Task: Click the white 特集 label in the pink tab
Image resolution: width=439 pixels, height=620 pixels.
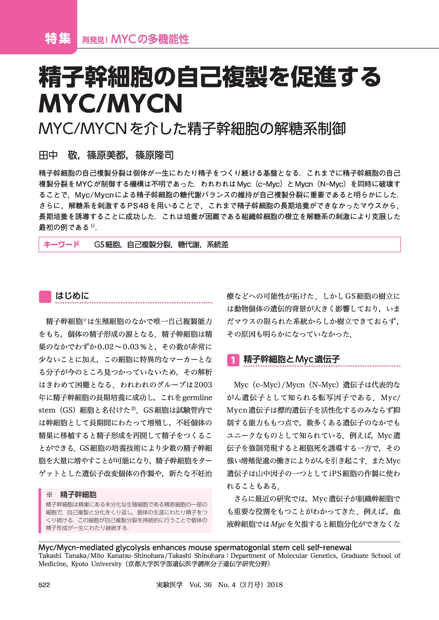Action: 58,38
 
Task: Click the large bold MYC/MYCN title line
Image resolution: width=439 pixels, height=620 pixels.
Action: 110,104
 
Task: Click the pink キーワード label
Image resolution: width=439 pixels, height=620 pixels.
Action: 61,245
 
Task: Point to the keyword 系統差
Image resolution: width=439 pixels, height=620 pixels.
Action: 217,245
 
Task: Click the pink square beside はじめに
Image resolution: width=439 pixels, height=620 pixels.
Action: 45,297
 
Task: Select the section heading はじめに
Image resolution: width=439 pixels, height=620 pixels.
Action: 72,296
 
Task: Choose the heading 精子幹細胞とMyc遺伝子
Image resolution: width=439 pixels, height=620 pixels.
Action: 291,359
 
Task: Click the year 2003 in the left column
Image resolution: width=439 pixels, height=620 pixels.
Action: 203,385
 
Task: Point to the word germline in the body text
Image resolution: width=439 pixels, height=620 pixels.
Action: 197,397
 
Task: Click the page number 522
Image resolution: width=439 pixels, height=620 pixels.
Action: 44,585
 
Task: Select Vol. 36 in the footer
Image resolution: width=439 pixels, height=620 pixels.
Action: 200,585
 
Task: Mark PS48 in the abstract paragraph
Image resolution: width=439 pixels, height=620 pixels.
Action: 138,206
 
